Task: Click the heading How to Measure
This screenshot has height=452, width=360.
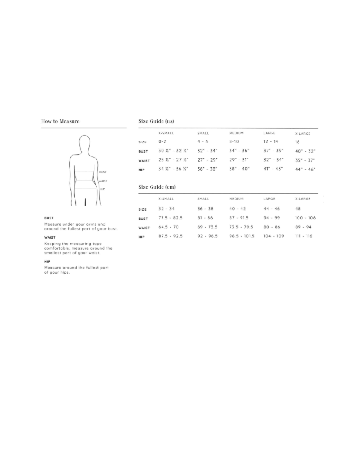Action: [60, 121]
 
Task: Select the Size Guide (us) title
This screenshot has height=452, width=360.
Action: [156, 121]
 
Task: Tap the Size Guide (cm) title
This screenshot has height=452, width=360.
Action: [157, 187]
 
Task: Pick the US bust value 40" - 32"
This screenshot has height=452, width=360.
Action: [305, 151]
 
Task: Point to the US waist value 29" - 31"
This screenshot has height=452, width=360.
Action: [239, 160]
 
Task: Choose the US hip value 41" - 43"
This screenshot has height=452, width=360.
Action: [273, 169]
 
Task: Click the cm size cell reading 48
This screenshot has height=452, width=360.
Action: [298, 209]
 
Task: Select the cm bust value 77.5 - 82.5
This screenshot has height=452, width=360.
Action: [170, 218]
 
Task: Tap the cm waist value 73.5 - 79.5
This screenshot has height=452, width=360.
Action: [241, 227]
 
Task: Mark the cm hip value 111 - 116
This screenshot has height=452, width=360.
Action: [303, 236]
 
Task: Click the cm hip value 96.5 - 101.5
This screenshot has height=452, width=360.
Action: [242, 236]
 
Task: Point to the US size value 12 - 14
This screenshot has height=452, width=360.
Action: [271, 141]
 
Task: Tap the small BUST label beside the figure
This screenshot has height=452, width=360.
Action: [103, 172]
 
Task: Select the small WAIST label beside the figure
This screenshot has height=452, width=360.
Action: [103, 181]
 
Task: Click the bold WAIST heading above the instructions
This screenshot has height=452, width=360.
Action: [50, 237]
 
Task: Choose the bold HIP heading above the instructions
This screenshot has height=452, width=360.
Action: [47, 261]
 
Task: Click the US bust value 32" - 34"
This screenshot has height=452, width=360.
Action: [207, 151]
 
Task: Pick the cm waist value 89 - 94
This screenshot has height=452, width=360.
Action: [303, 227]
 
